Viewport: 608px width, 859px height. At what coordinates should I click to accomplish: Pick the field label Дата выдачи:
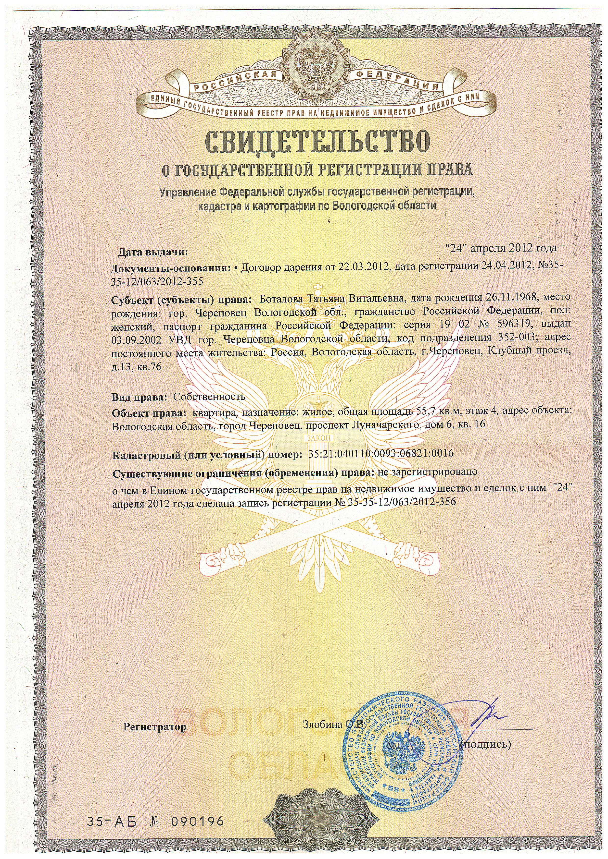[x=153, y=252]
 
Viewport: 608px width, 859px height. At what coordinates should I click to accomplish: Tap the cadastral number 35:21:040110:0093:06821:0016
[x=381, y=453]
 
